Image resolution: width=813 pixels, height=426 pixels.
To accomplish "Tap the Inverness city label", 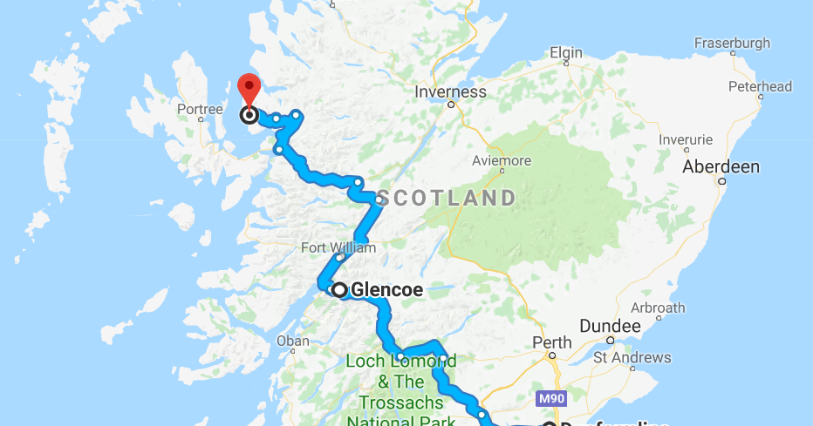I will point(450,91).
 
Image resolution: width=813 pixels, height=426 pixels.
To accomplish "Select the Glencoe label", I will point(386,290).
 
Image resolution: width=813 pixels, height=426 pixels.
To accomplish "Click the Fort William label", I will point(338,247).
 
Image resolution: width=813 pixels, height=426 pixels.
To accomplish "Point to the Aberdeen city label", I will point(721,166).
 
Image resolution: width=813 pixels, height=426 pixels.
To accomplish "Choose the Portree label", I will point(199,109).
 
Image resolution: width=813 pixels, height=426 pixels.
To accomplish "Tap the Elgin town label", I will point(566,53).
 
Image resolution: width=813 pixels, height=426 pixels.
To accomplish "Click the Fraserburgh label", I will point(732,43).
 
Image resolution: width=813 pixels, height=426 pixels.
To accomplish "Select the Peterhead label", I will point(760,86).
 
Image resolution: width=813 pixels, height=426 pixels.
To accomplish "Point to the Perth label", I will point(554,342).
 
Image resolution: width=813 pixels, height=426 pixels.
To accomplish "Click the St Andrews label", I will point(632,357).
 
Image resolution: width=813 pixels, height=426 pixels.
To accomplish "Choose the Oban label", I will point(292,341).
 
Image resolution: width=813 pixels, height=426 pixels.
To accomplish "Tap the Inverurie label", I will point(686,139).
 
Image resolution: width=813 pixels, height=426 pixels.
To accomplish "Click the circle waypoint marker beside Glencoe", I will point(339,290).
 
